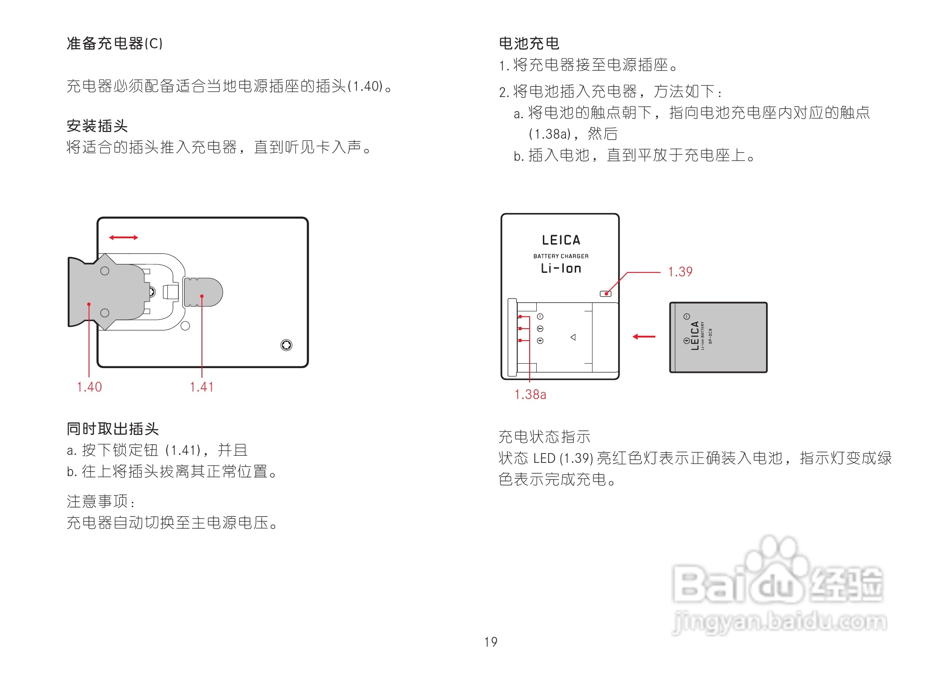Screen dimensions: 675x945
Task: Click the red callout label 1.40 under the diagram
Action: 89,387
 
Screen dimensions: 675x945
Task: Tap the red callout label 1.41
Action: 201,387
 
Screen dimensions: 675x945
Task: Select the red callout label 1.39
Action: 680,272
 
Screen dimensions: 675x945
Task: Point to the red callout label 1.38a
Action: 530,394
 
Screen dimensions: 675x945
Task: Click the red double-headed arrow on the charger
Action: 124,238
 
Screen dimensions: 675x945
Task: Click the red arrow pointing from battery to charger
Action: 644,337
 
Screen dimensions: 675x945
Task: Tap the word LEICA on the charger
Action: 561,240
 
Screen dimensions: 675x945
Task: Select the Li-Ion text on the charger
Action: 561,268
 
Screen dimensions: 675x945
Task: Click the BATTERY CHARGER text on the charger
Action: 561,256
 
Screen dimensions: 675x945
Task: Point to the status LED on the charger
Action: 605,294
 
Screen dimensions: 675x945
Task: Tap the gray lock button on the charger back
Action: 203,292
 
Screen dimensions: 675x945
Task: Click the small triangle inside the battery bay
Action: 573,337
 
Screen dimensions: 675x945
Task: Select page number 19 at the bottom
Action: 491,642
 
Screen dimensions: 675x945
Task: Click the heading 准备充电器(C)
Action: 115,43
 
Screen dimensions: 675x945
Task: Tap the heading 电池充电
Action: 529,43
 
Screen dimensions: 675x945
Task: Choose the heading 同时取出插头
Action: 112,429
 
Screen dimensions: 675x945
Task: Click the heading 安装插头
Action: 97,126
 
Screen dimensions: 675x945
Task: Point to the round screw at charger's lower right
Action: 287,345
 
